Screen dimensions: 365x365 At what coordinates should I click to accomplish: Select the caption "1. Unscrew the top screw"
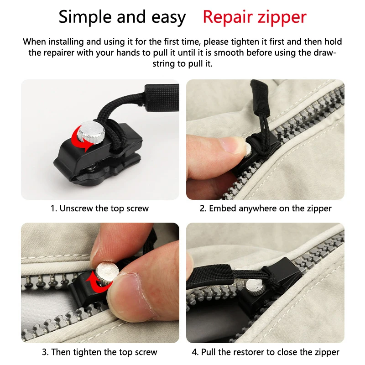(99, 209)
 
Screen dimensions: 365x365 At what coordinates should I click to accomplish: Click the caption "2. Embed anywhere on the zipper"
(266, 209)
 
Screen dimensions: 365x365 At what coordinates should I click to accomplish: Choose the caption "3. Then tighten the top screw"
(99, 352)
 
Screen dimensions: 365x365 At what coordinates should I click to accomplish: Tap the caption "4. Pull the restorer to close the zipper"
(266, 352)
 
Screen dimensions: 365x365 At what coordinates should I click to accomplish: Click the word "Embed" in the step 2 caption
(222, 209)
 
